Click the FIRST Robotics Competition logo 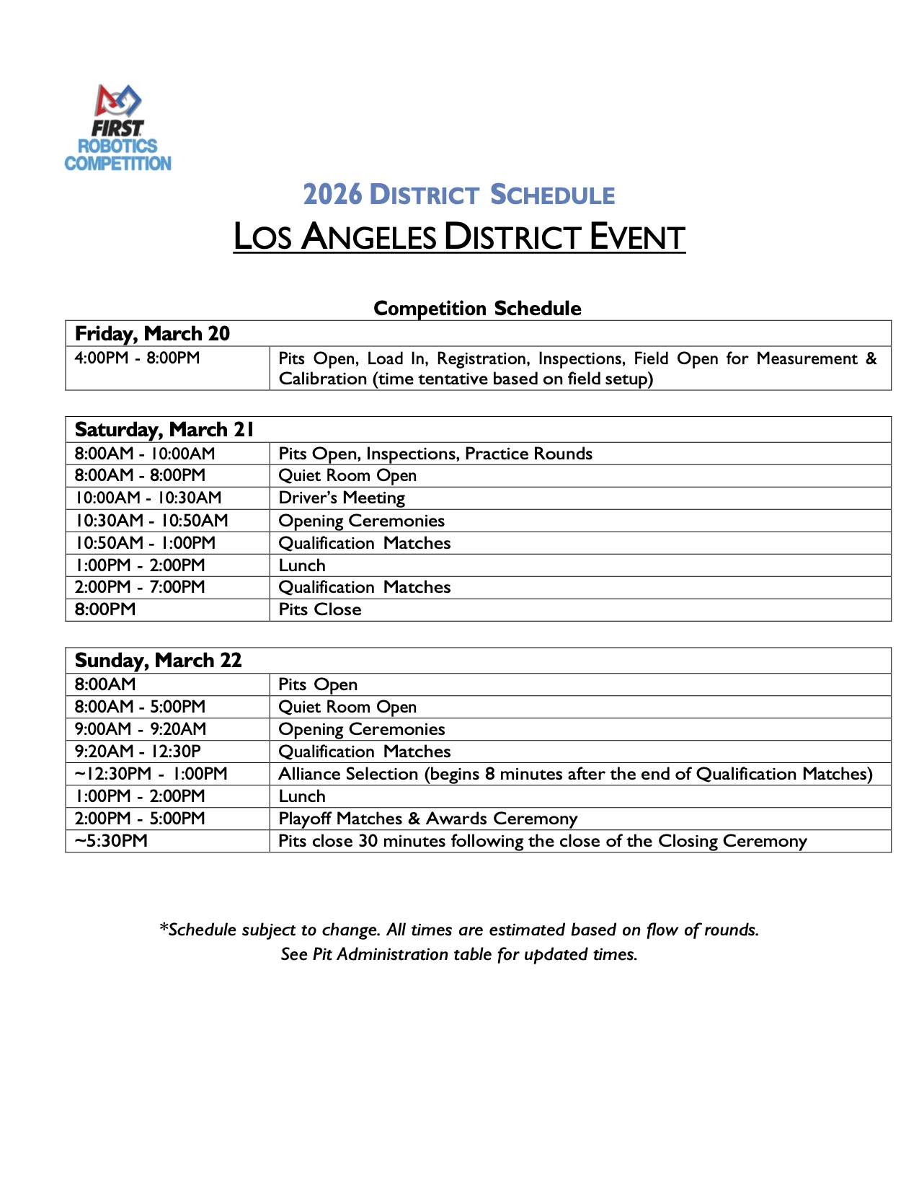[118, 128]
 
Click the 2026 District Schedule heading [459, 195]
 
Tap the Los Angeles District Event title [459, 237]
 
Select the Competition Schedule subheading [477, 309]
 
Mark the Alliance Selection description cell [575, 774]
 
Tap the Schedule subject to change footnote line [459, 930]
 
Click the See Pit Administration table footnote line [459, 954]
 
